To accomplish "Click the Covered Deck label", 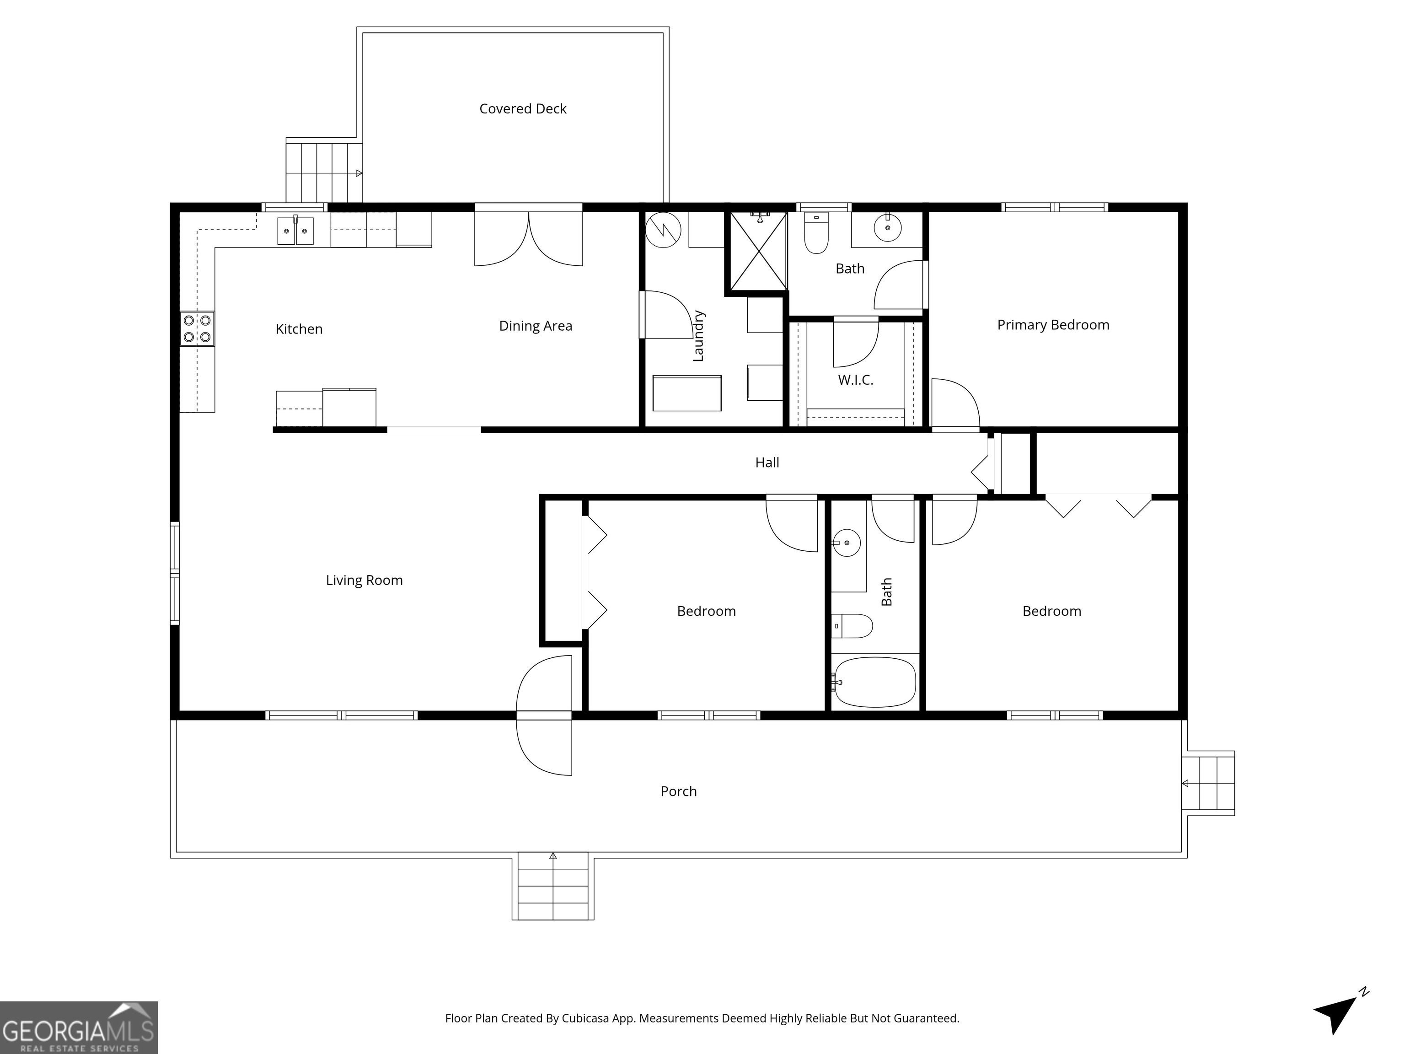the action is pos(523,108).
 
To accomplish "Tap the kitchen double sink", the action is pos(295,231).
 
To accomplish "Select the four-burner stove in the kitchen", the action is pos(197,328).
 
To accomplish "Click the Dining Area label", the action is pos(536,326).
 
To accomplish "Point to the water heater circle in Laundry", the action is pos(663,229).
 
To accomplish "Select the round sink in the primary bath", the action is pos(887,227).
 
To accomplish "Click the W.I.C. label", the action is pos(856,380).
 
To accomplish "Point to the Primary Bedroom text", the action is pos(1053,325).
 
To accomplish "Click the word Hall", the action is pos(767,462).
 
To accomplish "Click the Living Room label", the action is pos(364,580).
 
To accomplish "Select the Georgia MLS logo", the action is pos(79,1028).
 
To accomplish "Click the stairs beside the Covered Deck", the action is pos(324,172).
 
